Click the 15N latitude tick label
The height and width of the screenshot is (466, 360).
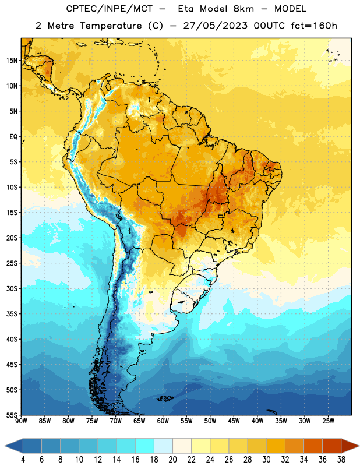[12, 61]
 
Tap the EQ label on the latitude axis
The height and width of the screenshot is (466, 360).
[13, 137]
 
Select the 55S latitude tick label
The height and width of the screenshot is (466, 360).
[12, 415]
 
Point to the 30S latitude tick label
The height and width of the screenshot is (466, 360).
[12, 288]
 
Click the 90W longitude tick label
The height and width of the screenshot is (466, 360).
[21, 421]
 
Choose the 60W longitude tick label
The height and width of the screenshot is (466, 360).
[163, 421]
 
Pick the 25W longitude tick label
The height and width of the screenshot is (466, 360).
[328, 421]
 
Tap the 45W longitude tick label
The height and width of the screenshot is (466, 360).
[234, 421]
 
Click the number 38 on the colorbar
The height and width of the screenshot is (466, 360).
[341, 460]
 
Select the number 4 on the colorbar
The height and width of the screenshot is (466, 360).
[23, 460]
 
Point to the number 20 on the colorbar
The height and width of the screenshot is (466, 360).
[172, 460]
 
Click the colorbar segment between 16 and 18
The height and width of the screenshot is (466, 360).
[144, 446]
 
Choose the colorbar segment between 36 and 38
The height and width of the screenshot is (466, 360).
[332, 446]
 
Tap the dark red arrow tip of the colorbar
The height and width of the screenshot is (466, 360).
[350, 446]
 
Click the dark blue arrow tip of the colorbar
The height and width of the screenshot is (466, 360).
[13, 446]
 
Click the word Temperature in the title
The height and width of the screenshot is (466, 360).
[111, 26]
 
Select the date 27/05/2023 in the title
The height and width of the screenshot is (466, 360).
[215, 26]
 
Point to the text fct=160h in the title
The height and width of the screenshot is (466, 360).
[314, 26]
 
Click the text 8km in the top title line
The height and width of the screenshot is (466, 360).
[243, 9]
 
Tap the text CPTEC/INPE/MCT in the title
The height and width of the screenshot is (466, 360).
[109, 9]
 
